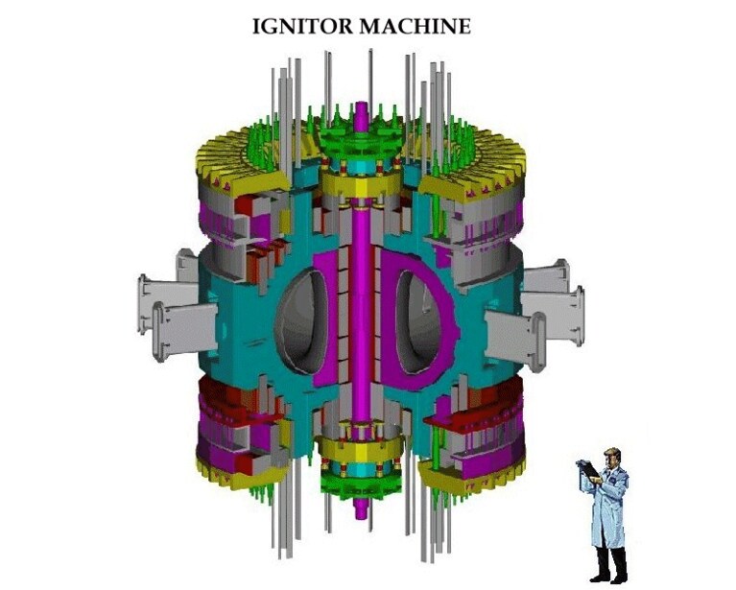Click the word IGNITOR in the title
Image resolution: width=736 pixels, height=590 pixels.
pyautogui.click(x=302, y=26)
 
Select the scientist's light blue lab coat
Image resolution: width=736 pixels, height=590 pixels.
pyautogui.click(x=608, y=507)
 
